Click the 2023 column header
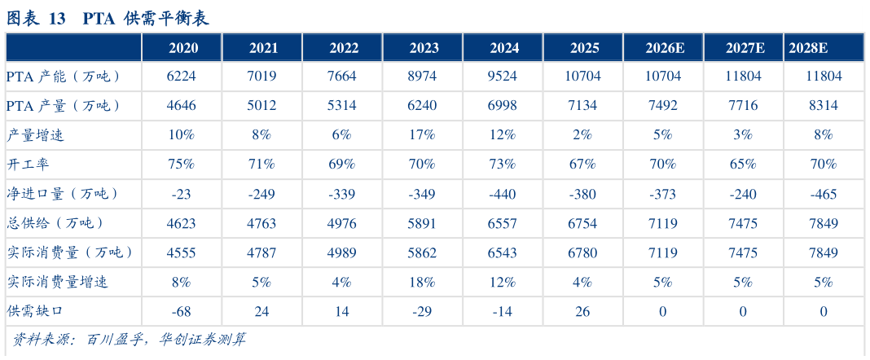pyautogui.click(x=424, y=48)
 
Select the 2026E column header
pyautogui.click(x=665, y=48)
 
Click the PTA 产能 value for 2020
pyautogui.click(x=183, y=77)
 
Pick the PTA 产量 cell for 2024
pyautogui.click(x=504, y=106)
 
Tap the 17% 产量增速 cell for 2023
pyautogui.click(x=424, y=134)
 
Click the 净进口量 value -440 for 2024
pyautogui.click(x=504, y=194)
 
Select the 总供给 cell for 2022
pyautogui.click(x=344, y=223)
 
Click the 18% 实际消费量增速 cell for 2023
pyautogui.click(x=424, y=283)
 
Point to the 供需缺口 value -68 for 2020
pyautogui.click(x=183, y=312)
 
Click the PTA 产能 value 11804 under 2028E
pyautogui.click(x=824, y=77)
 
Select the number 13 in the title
pyautogui.click(x=57, y=18)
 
